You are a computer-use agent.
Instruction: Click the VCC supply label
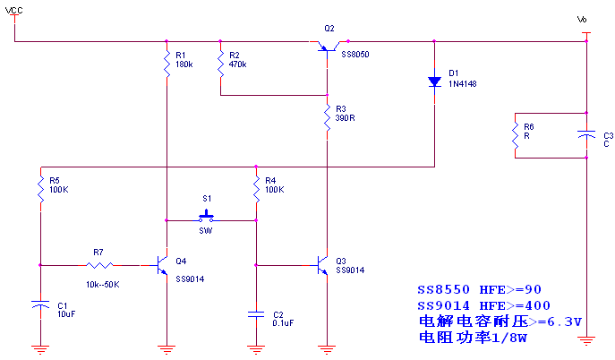click(13, 10)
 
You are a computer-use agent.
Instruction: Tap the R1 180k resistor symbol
click(167, 64)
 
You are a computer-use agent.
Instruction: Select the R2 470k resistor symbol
click(220, 64)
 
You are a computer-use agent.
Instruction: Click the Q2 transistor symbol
click(328, 47)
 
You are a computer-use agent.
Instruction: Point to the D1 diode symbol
click(434, 81)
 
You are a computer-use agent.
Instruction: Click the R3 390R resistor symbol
click(327, 117)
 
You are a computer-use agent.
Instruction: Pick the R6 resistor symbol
click(515, 135)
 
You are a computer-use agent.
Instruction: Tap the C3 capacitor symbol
click(586, 135)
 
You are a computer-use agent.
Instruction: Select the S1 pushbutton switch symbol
click(206, 217)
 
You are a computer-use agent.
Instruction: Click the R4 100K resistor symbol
click(256, 189)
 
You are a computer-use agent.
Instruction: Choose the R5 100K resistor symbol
click(40, 189)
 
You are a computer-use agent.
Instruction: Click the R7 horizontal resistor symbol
click(99, 265)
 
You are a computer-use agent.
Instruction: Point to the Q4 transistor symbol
click(162, 265)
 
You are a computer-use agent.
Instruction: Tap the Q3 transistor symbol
click(322, 265)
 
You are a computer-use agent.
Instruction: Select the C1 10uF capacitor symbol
click(40, 304)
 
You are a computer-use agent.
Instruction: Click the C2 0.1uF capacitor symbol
click(256, 314)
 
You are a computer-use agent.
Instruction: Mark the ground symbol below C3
click(586, 340)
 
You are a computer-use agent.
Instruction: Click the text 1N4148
click(463, 83)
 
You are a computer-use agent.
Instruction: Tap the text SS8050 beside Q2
click(355, 54)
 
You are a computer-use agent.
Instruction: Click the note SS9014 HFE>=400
click(483, 305)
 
